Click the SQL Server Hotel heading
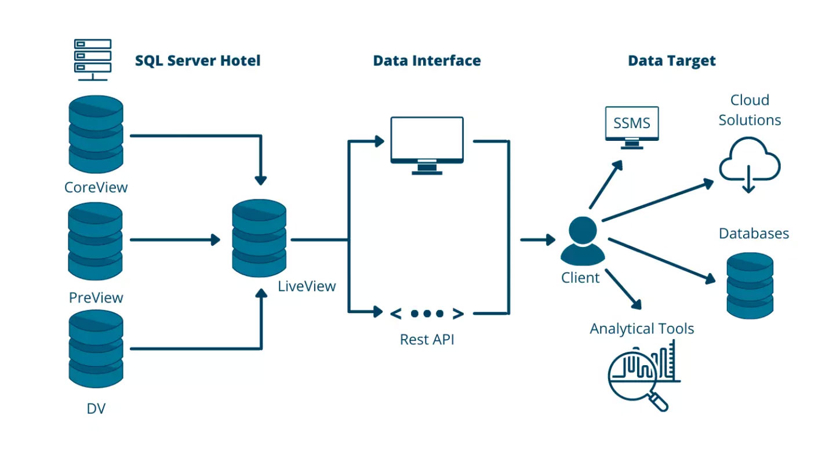pos(198,60)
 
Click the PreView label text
pos(96,298)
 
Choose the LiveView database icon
pos(259,238)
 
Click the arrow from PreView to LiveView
pos(174,239)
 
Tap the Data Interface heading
pos(427,60)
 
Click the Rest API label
pos(427,340)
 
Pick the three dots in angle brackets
pos(427,314)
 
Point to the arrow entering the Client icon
pos(537,239)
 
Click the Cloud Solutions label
pos(750,110)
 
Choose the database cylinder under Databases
pos(750,285)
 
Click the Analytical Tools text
pos(642,329)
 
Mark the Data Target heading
pos(672,60)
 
